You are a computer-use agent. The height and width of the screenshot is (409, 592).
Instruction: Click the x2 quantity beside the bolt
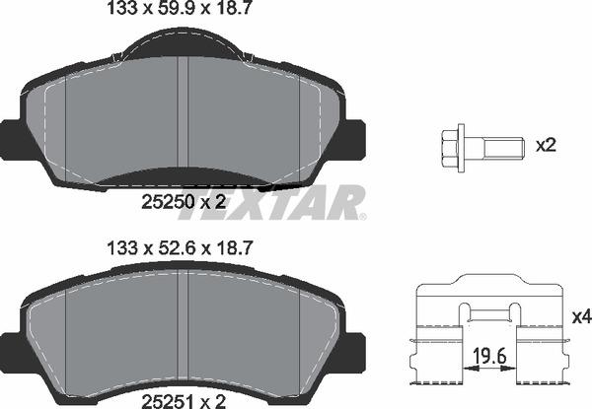click(x=546, y=145)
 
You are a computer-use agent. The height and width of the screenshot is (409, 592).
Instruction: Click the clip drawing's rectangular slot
click(x=490, y=314)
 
